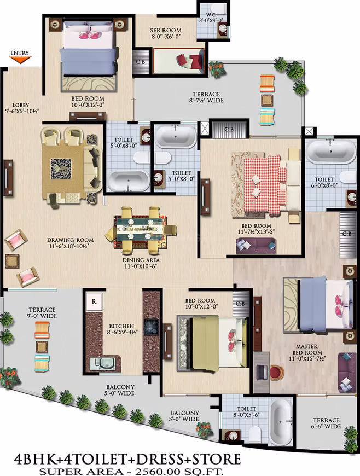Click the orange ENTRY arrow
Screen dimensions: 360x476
(20, 60)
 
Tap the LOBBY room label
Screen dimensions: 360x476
(21, 105)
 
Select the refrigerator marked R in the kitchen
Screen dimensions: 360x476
(94, 301)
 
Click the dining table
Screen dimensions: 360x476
(141, 231)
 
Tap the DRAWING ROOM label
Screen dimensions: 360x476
(71, 240)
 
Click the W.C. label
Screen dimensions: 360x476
(212, 15)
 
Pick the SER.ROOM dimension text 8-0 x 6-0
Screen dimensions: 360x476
(166, 37)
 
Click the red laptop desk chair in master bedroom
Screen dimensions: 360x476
(276, 373)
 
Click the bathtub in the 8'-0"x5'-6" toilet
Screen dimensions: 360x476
(281, 421)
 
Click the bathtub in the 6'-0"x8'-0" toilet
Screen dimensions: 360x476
(331, 152)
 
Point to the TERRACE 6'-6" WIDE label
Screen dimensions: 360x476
(326, 423)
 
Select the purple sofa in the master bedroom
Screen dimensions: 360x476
(347, 372)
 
